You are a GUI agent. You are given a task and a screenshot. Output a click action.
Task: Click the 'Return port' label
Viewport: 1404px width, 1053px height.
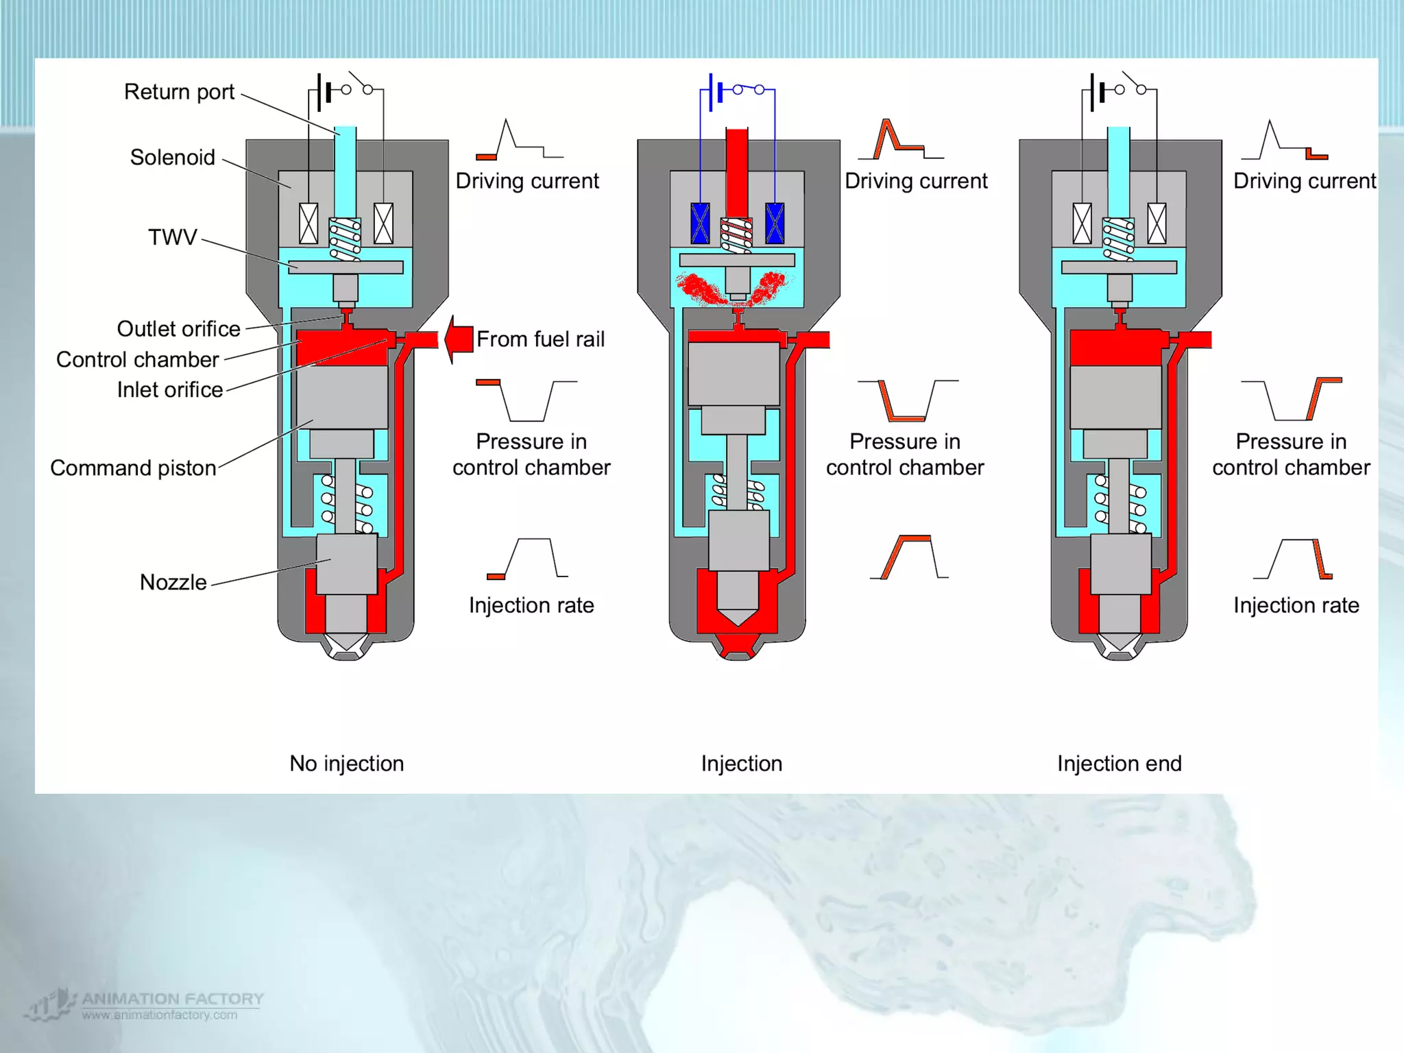[x=179, y=92]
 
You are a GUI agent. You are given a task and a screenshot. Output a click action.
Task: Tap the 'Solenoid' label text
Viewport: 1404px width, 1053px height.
[x=173, y=158]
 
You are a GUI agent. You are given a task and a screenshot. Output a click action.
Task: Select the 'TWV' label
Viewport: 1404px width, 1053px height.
[x=173, y=237]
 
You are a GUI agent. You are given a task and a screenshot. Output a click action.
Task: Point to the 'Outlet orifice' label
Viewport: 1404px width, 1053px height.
[x=178, y=329]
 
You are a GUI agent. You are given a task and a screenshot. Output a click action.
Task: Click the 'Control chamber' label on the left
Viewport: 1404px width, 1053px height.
[x=137, y=360]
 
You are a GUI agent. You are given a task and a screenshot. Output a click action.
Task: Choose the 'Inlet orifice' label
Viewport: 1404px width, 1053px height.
[x=170, y=390]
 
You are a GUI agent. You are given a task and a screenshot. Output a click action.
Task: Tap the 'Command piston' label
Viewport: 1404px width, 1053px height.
[x=133, y=468]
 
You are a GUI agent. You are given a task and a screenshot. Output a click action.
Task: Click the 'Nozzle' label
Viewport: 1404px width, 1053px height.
[x=173, y=583]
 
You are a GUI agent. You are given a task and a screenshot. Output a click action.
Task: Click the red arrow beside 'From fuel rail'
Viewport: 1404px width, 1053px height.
[x=459, y=339]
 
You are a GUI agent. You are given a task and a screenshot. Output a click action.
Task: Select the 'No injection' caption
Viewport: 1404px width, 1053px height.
[x=346, y=764]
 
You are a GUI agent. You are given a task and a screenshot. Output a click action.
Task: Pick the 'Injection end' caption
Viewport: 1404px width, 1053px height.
[x=1119, y=764]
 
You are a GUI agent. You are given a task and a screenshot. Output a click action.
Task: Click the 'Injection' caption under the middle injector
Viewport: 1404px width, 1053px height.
[x=741, y=764]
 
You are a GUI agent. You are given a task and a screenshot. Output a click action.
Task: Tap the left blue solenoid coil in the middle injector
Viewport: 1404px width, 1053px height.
[x=700, y=223]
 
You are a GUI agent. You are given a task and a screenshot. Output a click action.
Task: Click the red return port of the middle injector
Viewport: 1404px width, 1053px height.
[x=737, y=165]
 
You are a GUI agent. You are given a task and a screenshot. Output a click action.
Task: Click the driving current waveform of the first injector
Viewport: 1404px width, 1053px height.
[x=519, y=141]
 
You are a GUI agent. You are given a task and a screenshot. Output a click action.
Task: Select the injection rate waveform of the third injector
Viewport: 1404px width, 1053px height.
[x=1293, y=559]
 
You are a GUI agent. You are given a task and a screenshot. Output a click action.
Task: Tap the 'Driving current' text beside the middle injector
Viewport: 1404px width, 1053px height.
[x=916, y=181]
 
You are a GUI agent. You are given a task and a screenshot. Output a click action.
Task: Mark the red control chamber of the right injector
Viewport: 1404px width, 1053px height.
[x=1115, y=348]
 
